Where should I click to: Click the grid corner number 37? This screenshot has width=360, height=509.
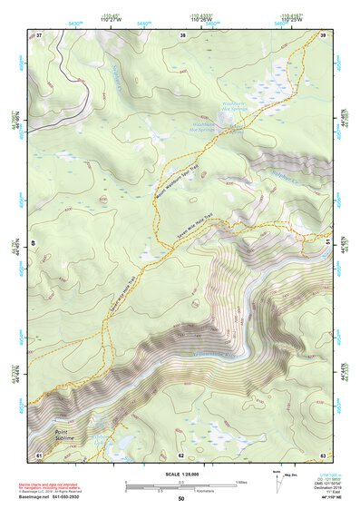pos(39,35)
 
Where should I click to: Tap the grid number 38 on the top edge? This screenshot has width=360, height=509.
pos(183,35)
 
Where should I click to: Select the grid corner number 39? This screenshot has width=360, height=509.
pos(323,35)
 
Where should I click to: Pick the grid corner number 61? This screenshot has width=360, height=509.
pos(39,454)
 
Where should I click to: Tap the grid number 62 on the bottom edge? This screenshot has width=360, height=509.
pos(181,455)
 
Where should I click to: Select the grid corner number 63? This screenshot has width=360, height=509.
pos(322,454)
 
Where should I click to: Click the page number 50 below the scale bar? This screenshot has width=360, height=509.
pos(180,499)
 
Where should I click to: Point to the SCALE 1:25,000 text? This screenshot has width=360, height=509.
pos(180,474)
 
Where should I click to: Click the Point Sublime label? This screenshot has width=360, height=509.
pos(56,436)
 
